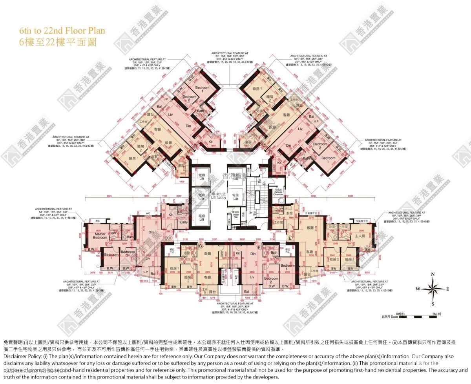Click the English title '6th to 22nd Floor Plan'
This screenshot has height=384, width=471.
pos(62,30)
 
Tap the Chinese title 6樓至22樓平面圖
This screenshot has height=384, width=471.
pos(58,42)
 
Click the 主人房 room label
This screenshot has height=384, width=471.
pos(360,236)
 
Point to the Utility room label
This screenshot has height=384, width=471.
pos(184,222)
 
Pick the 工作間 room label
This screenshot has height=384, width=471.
pos(278,222)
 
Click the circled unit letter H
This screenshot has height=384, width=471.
pos(170,238)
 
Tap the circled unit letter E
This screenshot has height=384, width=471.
pos(290,238)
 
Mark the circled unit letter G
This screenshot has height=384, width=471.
pos(200,247)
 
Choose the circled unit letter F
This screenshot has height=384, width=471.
pos(259,247)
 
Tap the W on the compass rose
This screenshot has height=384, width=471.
pos(418,289)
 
